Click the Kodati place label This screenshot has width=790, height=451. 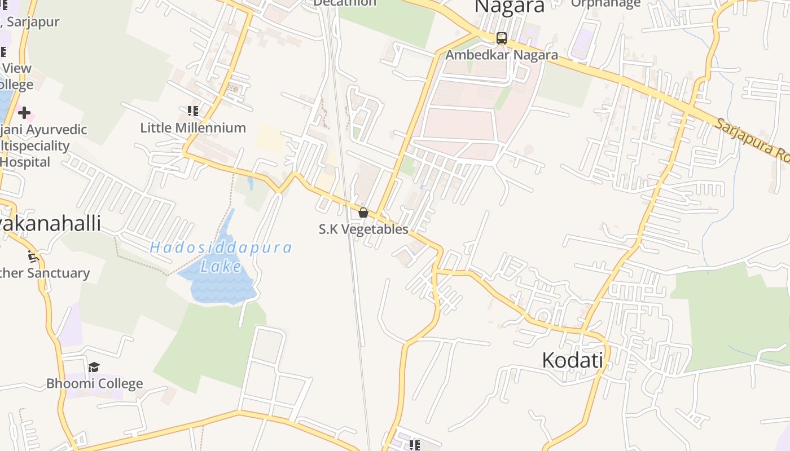tap(572, 360)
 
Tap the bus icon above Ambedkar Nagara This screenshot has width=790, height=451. tap(501, 38)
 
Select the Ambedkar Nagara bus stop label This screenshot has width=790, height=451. tap(501, 55)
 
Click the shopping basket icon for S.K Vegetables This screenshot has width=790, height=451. tap(363, 213)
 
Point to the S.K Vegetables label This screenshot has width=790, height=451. tap(363, 229)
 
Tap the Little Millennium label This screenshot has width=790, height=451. tap(193, 128)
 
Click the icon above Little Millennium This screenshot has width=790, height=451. tap(193, 111)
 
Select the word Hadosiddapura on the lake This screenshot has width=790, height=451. tap(221, 247)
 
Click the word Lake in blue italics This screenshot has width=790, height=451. tap(221, 266)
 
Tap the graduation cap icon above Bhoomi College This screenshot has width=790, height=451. tap(94, 368)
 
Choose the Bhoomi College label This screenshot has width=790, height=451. tap(94, 384)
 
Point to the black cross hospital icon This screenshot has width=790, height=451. tap(24, 113)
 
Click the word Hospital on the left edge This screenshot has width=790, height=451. tap(25, 162)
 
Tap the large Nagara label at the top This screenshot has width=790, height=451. tap(510, 6)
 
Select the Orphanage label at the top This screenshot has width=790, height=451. tap(605, 3)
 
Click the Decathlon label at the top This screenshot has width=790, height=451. tap(345, 3)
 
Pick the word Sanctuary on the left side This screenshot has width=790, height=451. tap(56, 273)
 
